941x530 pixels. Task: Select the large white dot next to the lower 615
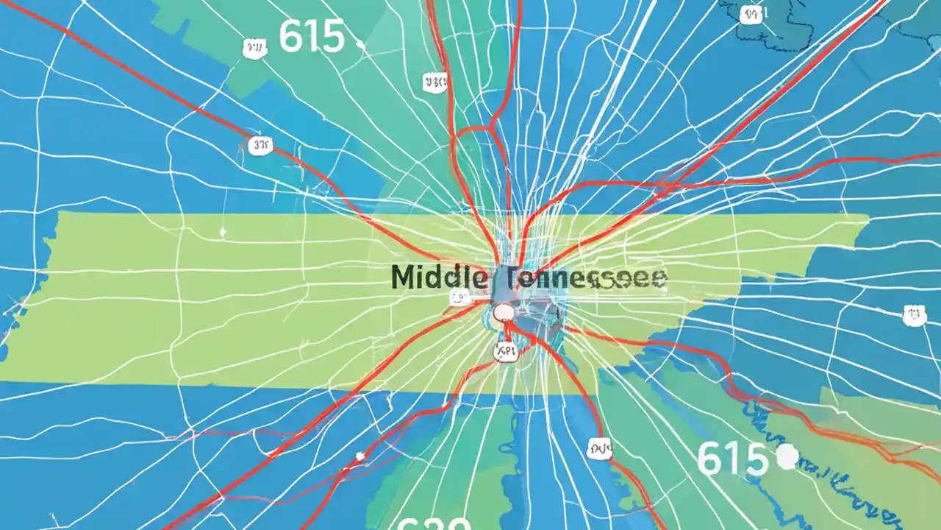(x=787, y=457)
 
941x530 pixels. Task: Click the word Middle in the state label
(x=439, y=278)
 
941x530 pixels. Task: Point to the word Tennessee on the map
(x=584, y=278)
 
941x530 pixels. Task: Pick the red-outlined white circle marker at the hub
(x=504, y=313)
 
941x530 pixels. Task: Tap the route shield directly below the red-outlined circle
(x=507, y=353)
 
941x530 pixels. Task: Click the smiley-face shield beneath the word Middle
(x=459, y=298)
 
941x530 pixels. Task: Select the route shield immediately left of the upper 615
(x=254, y=49)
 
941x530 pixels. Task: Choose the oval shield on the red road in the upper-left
(x=261, y=146)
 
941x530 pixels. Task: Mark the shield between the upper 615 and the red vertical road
(x=434, y=82)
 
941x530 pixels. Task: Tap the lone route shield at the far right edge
(x=914, y=317)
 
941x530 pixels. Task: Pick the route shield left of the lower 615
(x=600, y=448)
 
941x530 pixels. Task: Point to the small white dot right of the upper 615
(x=360, y=44)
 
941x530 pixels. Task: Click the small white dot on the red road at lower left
(x=359, y=456)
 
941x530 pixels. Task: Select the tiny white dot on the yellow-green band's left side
(x=223, y=233)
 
